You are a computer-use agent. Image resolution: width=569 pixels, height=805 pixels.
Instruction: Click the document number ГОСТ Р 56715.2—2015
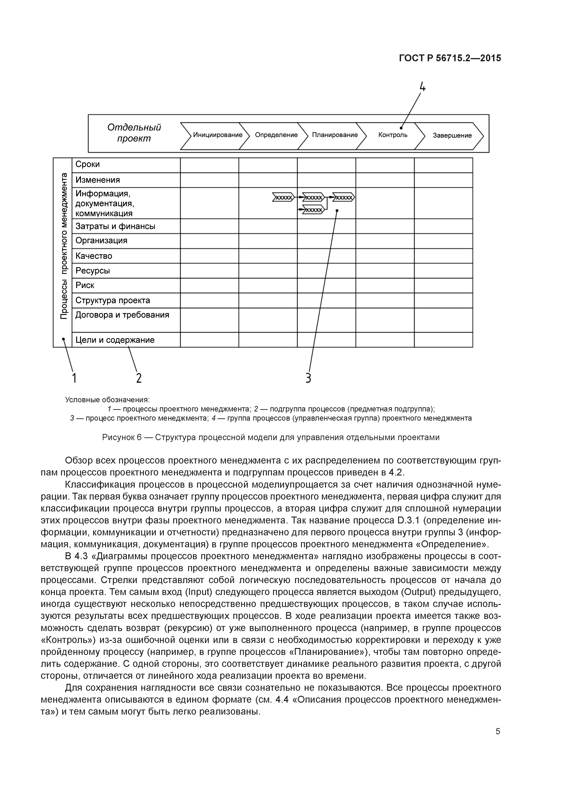450,58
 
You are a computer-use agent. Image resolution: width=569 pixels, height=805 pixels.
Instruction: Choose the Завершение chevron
452,135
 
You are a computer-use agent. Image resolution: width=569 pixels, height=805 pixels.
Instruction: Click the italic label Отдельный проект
134,133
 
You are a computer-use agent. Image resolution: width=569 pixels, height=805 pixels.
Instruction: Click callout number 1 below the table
74,378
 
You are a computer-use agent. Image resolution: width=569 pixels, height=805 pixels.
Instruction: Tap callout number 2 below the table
139,378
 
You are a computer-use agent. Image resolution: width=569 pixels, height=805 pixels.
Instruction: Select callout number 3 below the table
308,378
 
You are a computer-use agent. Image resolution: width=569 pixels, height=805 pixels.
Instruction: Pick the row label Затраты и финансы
115,226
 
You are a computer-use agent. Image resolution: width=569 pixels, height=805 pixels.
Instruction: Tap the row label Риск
85,285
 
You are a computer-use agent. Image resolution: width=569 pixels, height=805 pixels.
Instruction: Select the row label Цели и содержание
115,340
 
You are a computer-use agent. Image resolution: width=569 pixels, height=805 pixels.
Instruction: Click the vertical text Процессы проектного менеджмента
64,246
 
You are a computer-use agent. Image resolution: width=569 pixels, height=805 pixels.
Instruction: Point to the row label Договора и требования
122,315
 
